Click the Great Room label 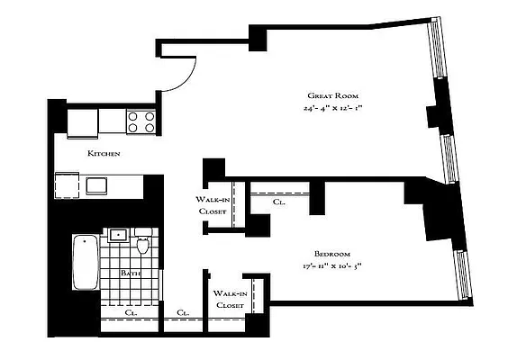click(x=332, y=95)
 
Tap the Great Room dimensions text click(x=332, y=110)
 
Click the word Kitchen click(x=104, y=154)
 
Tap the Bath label click(x=130, y=274)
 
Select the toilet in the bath click(x=141, y=244)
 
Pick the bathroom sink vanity click(x=118, y=237)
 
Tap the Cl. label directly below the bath click(x=130, y=312)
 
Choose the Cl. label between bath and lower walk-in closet click(x=183, y=312)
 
